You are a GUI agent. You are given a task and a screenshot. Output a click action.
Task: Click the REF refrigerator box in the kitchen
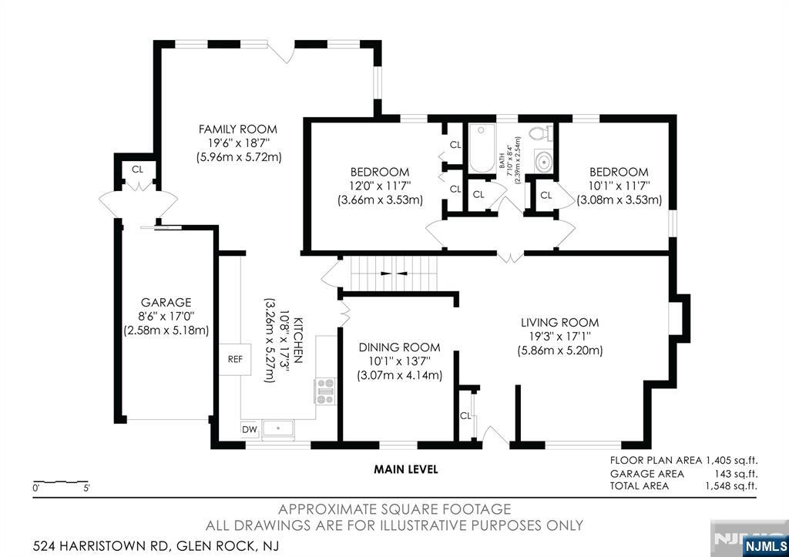tap(235, 359)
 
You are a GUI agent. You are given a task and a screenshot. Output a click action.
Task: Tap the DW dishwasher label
tap(250, 429)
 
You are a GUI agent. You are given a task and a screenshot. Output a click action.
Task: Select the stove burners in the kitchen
tap(325, 391)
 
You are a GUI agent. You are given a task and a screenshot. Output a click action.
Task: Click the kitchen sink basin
tap(278, 428)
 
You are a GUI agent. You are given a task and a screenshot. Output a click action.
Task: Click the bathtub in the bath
tap(482, 148)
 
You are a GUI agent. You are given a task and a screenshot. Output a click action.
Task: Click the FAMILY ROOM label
tap(238, 129)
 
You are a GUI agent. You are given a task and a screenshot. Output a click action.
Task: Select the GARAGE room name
tap(166, 303)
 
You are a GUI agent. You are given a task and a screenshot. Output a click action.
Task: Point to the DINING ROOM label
tap(400, 347)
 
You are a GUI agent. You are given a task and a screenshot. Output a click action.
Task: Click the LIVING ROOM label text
tap(560, 323)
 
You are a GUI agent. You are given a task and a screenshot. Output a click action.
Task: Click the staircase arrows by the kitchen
tap(394, 273)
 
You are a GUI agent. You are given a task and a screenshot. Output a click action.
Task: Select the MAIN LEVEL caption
tap(406, 469)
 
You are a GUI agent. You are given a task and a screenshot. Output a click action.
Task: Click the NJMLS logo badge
tap(765, 546)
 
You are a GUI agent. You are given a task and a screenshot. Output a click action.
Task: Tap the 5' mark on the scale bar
tap(86, 488)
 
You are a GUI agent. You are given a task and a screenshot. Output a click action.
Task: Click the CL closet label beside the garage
tap(137, 169)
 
